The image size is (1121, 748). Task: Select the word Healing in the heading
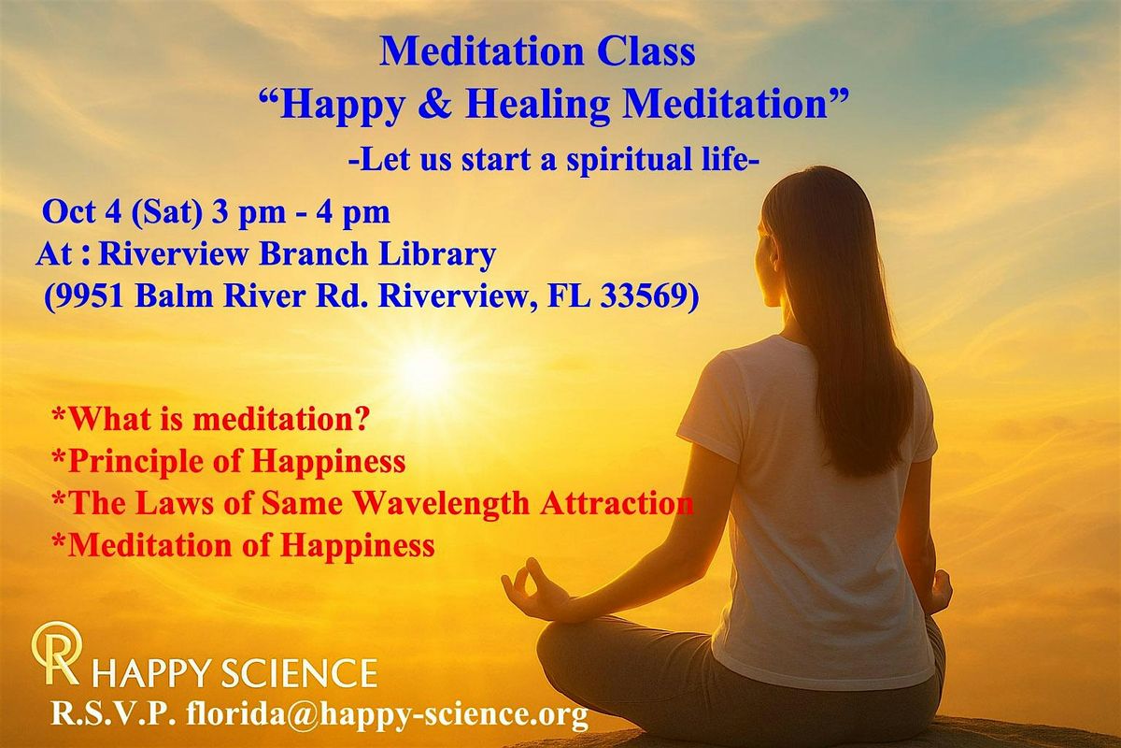(x=537, y=107)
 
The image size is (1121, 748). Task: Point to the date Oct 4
(x=81, y=211)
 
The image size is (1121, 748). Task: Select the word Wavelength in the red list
(x=442, y=504)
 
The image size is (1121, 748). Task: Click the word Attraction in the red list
(x=617, y=503)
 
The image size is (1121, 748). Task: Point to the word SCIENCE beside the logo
(x=299, y=673)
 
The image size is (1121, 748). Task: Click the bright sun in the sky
(x=425, y=369)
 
